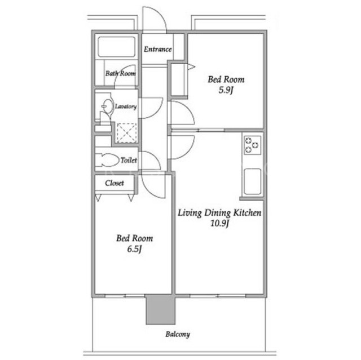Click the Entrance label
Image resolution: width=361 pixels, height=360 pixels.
[x=158, y=49]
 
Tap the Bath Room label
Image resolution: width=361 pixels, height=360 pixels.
[x=120, y=74]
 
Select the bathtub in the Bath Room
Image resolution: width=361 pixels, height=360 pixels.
[x=116, y=47]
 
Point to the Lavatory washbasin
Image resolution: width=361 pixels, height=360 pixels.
[x=108, y=106]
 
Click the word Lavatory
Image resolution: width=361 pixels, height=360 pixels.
[x=126, y=106]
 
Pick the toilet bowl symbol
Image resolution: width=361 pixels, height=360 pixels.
[x=108, y=160]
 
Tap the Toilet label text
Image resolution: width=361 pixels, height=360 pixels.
[x=129, y=160]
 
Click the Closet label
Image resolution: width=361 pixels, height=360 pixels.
[x=115, y=183]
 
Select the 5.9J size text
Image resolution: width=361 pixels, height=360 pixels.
[x=226, y=90]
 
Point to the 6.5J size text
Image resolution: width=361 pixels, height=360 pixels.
[x=134, y=249]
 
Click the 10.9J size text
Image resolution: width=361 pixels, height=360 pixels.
[x=219, y=223]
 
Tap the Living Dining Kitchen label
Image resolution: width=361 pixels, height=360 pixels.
[x=219, y=213]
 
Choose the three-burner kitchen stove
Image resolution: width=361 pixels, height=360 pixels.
[x=253, y=145]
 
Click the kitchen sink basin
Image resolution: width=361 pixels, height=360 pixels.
[x=253, y=181]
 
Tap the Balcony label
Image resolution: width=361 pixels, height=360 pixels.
[x=178, y=334]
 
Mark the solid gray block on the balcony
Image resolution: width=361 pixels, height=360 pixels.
[x=160, y=309]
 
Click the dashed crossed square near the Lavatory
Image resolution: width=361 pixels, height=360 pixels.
[x=127, y=133]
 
